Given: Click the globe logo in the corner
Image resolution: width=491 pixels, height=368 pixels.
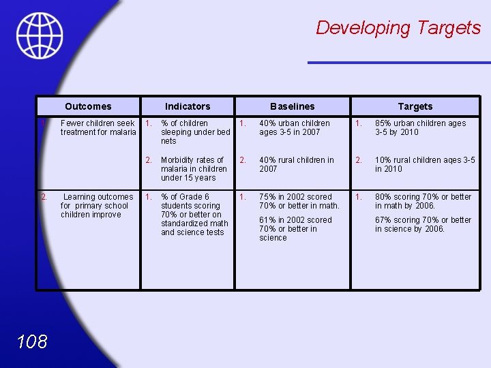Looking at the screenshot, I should pyautogui.click(x=40, y=35).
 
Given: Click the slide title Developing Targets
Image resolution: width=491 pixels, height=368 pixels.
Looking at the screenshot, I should pyautogui.click(x=398, y=28).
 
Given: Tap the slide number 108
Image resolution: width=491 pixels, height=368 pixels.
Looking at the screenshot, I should pyautogui.click(x=33, y=341).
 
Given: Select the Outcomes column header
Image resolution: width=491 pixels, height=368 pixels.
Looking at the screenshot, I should pyautogui.click(x=88, y=106).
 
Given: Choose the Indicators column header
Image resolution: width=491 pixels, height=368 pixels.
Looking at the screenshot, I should pyautogui.click(x=188, y=106).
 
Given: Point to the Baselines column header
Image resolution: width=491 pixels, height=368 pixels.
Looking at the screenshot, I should pyautogui.click(x=293, y=106).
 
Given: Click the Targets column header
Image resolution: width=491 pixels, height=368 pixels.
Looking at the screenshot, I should pyautogui.click(x=415, y=106).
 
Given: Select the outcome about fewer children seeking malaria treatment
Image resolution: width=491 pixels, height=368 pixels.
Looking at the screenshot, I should pyautogui.click(x=98, y=127).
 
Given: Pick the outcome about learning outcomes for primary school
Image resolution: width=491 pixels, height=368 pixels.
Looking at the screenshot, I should pyautogui.click(x=98, y=205).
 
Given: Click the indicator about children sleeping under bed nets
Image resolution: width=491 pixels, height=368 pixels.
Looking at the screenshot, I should pyautogui.click(x=195, y=132).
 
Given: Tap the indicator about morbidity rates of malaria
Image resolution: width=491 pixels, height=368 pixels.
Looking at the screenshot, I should pyautogui.click(x=194, y=169).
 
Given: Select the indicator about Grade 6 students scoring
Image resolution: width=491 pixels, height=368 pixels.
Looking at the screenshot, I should pyautogui.click(x=194, y=214).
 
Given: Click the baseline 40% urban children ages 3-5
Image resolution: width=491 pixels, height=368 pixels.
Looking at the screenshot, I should pyautogui.click(x=294, y=127).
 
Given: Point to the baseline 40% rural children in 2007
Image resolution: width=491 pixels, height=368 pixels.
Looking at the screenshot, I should pyautogui.click(x=296, y=164).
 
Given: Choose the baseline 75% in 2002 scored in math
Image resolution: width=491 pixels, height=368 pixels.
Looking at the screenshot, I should pyautogui.click(x=299, y=201).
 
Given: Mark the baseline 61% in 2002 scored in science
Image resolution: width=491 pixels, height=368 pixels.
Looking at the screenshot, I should pyautogui.click(x=295, y=228).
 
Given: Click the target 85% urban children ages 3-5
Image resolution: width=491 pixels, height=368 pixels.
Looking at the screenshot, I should pyautogui.click(x=420, y=127).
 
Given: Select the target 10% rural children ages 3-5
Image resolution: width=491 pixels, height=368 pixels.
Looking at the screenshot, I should pyautogui.click(x=424, y=164).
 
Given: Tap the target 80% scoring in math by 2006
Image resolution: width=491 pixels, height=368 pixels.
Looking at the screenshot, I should pyautogui.click(x=423, y=201).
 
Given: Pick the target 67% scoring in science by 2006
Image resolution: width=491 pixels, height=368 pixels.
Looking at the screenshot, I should pyautogui.click(x=423, y=224).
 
